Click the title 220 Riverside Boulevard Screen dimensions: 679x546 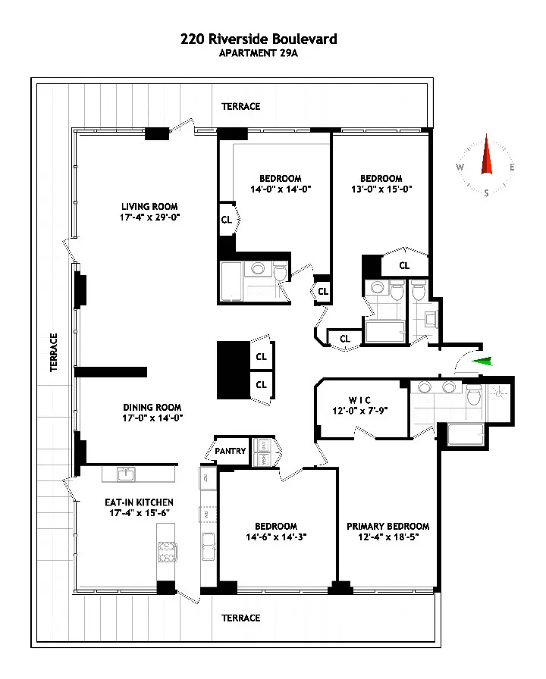(x=259, y=39)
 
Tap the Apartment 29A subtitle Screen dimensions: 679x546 (x=259, y=53)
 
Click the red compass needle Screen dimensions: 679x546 (x=486, y=159)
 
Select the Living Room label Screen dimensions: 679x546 (x=149, y=206)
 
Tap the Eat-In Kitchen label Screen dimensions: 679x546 (x=139, y=502)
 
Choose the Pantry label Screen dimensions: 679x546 (x=231, y=451)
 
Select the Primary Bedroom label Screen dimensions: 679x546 (x=388, y=526)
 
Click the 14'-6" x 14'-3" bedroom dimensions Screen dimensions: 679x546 (x=275, y=537)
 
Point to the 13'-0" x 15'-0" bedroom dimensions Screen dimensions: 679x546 (x=381, y=189)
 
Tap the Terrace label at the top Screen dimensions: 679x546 (x=240, y=107)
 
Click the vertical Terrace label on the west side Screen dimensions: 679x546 (x=54, y=352)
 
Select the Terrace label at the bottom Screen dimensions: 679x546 (x=240, y=618)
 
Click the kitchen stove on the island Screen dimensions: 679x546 (x=166, y=552)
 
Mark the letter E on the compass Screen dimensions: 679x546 (x=512, y=167)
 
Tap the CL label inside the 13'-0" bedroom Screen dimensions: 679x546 (x=404, y=265)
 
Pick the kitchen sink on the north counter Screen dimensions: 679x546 (x=127, y=474)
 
